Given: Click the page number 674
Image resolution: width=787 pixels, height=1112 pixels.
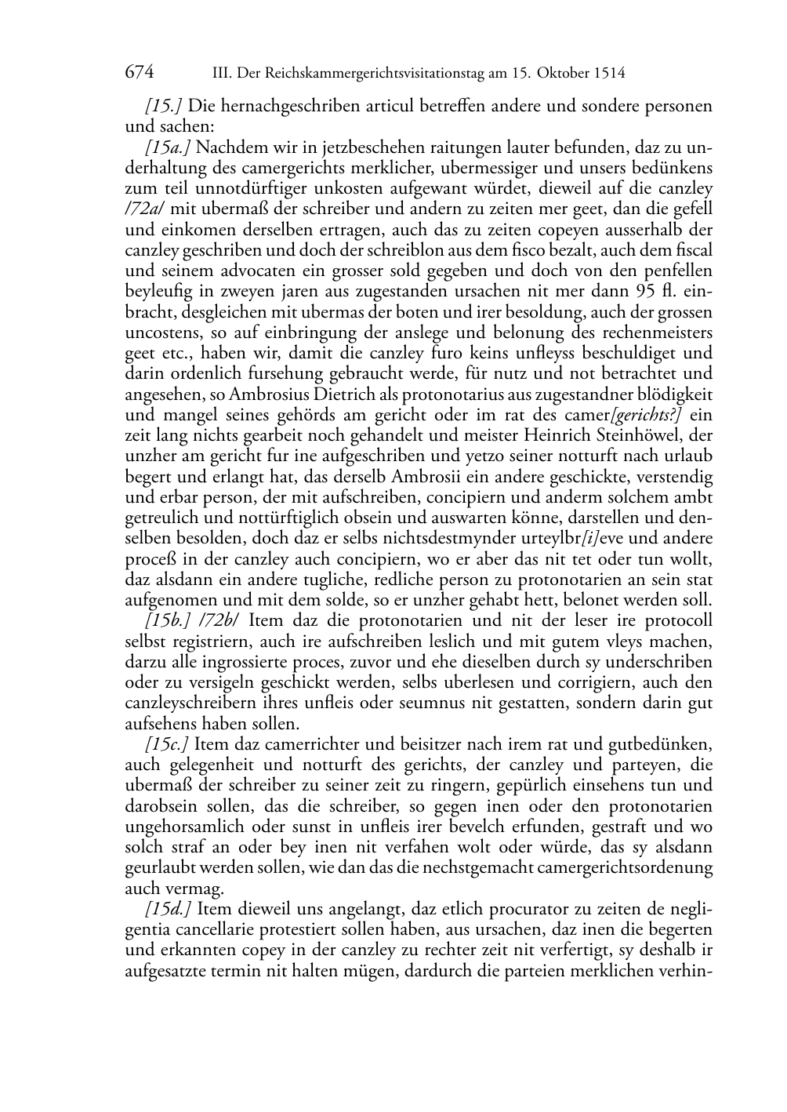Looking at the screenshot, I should pyautogui.click(x=139, y=74).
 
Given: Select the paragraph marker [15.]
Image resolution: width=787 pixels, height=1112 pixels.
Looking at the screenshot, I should pyautogui.click(x=164, y=105).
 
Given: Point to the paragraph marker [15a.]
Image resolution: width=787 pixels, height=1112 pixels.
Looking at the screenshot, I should pyautogui.click(x=169, y=147).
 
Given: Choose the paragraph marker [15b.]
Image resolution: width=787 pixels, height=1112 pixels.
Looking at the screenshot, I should pyautogui.click(x=169, y=620).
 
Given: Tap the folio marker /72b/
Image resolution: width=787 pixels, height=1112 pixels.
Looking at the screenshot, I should pyautogui.click(x=219, y=620).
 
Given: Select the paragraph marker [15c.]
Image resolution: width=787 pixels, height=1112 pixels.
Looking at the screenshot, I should pyautogui.click(x=168, y=743).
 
